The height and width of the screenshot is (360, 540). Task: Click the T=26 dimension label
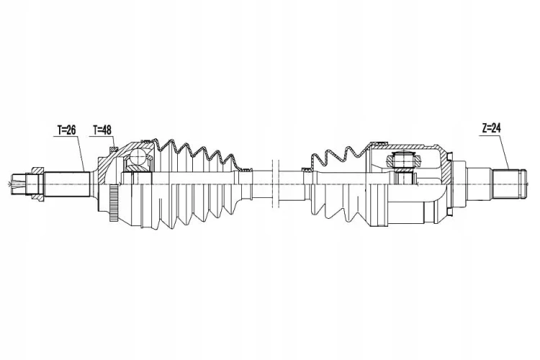[66, 130]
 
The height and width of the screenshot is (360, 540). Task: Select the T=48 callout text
[102, 130]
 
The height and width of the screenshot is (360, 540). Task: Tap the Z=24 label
[492, 128]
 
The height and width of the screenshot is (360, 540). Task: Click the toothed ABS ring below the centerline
[114, 203]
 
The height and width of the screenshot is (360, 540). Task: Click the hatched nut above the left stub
[37, 171]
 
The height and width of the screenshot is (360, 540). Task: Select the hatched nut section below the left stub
[37, 197]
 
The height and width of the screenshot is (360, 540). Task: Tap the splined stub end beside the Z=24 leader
[509, 184]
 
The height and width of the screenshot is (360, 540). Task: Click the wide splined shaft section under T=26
[66, 184]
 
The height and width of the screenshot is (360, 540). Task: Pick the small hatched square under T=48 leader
[114, 150]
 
